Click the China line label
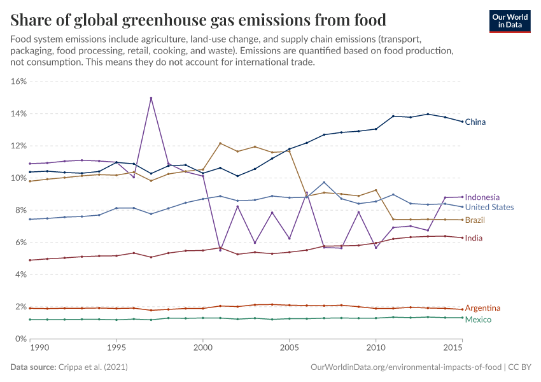[475, 122]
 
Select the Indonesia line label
[482, 197]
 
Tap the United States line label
[489, 207]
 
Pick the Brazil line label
[475, 220]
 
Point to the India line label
[474, 238]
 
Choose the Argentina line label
[482, 308]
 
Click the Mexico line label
[478, 319]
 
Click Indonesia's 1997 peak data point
[151, 98]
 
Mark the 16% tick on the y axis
[17, 81]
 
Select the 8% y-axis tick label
[19, 210]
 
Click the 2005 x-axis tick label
[290, 349]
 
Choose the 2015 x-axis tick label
[453, 349]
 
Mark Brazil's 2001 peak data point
[220, 143]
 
